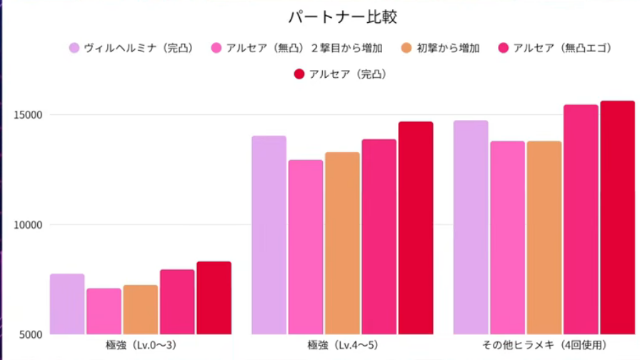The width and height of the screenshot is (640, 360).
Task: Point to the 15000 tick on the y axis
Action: (28, 115)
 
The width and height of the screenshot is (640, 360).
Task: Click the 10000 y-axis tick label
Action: (28, 225)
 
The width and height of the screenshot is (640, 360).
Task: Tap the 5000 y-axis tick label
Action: (31, 334)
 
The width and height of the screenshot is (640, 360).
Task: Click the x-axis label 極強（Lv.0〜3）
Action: (141, 346)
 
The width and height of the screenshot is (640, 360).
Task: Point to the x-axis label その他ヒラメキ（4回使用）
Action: (544, 346)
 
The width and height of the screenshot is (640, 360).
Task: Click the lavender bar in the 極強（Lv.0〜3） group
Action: (67, 304)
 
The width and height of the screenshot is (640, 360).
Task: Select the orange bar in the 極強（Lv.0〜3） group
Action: (141, 309)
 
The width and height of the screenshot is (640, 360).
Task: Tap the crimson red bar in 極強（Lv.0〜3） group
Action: (214, 298)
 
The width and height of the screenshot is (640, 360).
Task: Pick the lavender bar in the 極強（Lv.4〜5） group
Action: (269, 235)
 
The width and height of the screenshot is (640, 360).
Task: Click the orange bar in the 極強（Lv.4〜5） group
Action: (343, 243)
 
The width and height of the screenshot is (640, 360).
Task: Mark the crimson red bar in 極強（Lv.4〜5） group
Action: (416, 228)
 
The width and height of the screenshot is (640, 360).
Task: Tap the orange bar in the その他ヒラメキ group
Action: (544, 238)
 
